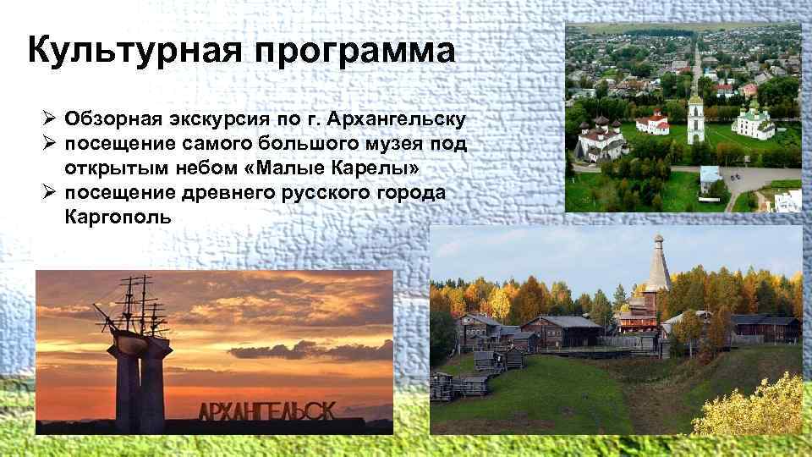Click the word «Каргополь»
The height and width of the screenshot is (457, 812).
click(118, 217)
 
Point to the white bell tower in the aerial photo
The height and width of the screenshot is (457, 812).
click(695, 114)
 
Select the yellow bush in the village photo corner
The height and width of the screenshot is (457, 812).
click(757, 406)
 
